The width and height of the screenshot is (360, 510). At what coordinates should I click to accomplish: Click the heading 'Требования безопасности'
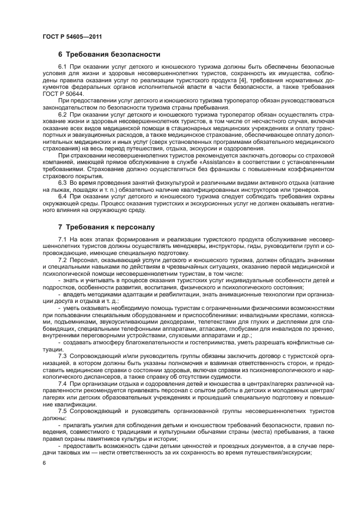coord(113,54)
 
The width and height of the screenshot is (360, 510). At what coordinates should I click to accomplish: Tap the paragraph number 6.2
coord(63,116)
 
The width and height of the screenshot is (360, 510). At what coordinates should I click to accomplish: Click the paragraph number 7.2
coord(63,260)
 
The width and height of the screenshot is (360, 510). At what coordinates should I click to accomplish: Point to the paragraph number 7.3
coord(63,355)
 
